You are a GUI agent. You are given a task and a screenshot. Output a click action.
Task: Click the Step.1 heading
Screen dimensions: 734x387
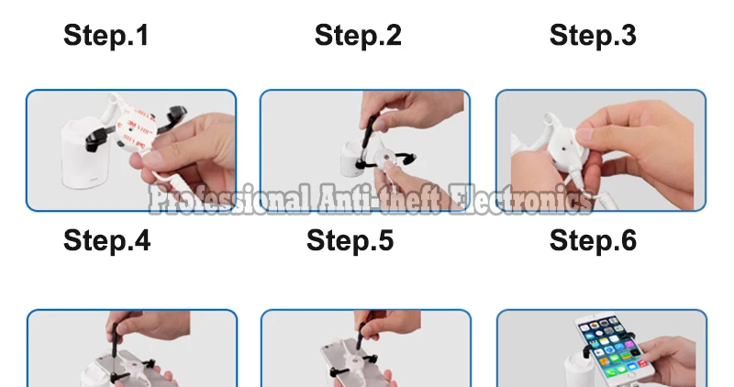click(106, 36)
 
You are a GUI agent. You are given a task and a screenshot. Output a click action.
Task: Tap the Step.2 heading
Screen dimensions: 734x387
click(358, 36)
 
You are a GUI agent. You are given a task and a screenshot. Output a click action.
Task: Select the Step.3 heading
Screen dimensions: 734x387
click(593, 36)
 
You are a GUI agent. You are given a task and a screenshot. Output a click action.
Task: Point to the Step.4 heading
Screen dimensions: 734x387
click(107, 240)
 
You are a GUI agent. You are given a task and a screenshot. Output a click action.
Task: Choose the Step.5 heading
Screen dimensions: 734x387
click(350, 240)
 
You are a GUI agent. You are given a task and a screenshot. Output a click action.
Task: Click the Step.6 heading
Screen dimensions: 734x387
click(593, 240)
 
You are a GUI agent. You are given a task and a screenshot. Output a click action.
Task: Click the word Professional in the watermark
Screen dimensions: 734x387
click(229, 199)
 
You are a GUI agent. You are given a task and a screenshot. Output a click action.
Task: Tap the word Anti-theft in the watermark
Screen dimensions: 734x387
click(379, 198)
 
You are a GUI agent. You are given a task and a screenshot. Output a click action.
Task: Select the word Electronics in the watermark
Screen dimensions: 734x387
click(519, 198)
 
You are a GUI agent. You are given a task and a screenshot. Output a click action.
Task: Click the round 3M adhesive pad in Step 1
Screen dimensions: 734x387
click(134, 127)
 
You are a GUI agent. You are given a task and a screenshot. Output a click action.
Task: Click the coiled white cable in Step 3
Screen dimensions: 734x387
click(583, 190)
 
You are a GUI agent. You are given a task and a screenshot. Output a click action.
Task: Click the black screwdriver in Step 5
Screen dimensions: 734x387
click(361, 337)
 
